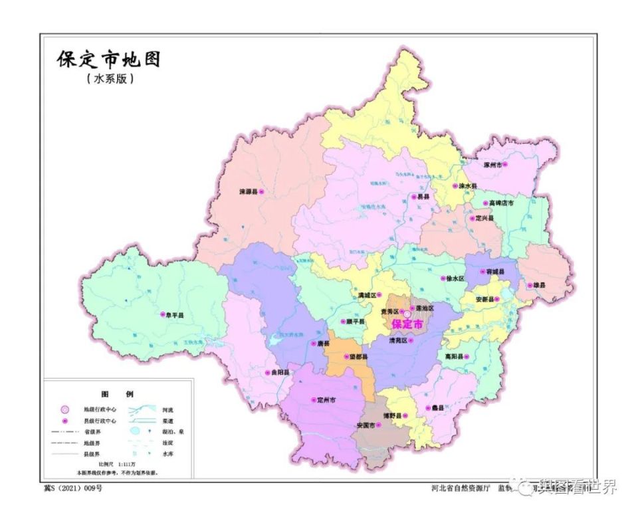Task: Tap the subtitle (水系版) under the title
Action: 110,79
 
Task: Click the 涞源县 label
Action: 247,191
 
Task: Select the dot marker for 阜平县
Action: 163,315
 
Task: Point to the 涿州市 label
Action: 490,164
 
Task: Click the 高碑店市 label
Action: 500,203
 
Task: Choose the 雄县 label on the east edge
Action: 538,286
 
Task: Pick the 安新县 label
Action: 482,300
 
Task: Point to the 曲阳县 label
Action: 278,373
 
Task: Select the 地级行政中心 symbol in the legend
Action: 64,409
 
